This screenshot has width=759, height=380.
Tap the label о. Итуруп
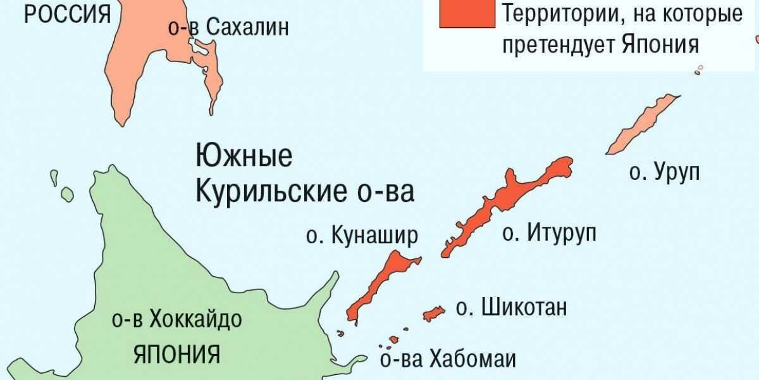pos(549,233)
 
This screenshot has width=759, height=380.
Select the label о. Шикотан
pos(511,308)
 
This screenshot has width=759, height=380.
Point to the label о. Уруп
pos(664,172)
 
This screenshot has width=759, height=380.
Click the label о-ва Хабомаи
pos(448,359)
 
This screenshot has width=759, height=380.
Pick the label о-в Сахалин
pos(229,28)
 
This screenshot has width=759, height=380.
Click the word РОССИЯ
pos(67,14)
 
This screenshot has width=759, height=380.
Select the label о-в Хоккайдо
pos(176,320)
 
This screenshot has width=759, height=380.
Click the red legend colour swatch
pos(467,13)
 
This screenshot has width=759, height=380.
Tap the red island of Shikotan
pos(433,313)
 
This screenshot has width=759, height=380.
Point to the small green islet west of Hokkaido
pos(66,193)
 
